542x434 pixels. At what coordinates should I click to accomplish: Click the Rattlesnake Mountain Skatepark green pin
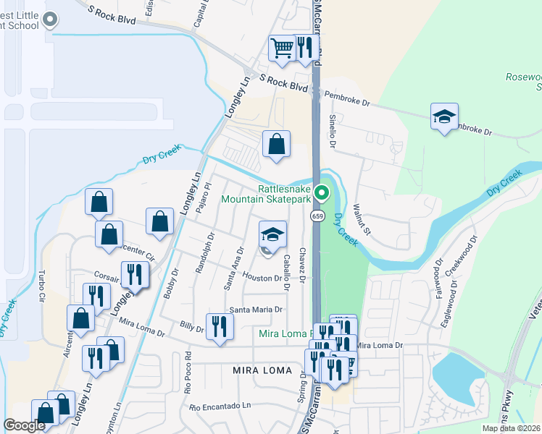click(324, 193)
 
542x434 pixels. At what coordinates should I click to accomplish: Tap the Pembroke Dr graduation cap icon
click(444, 116)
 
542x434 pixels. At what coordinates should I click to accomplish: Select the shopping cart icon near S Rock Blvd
click(282, 48)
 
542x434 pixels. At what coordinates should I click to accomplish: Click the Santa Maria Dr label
click(255, 310)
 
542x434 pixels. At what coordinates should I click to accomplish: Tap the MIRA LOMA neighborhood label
click(262, 370)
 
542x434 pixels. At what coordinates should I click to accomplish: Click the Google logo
click(25, 425)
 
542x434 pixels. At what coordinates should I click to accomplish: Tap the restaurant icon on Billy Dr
click(219, 326)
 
